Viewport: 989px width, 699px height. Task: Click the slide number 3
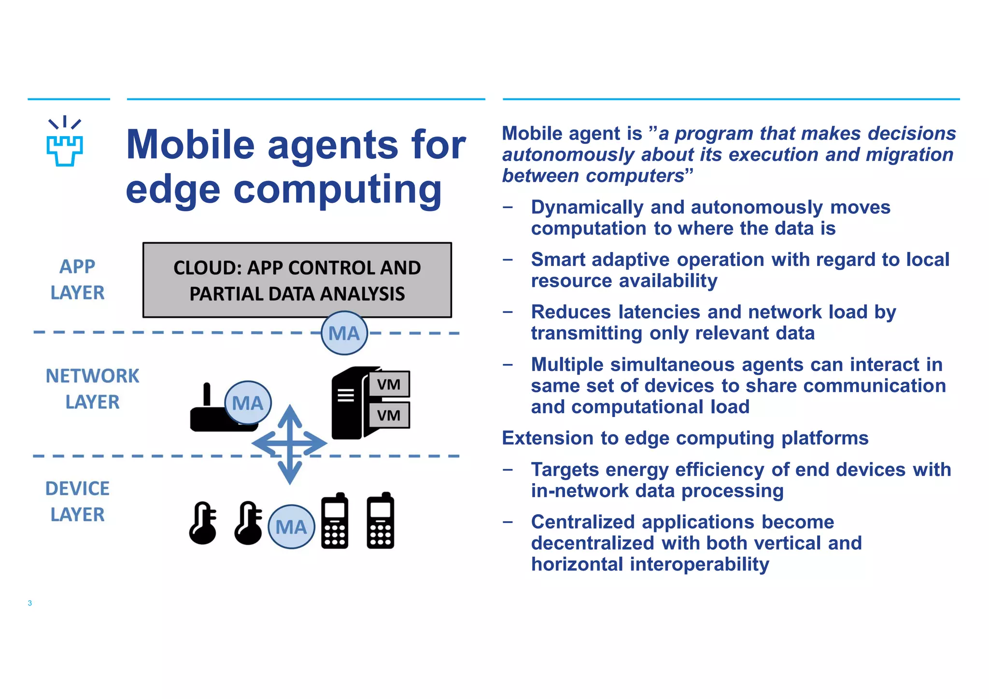point(30,603)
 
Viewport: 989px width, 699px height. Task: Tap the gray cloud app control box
point(297,280)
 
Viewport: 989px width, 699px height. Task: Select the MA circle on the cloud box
point(344,333)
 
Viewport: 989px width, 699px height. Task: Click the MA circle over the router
point(248,403)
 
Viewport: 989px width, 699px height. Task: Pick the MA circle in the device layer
point(291,527)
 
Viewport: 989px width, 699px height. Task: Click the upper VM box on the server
point(389,384)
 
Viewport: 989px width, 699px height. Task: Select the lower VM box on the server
point(389,415)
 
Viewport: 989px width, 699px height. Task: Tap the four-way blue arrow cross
point(290,444)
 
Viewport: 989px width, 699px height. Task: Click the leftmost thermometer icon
point(203,523)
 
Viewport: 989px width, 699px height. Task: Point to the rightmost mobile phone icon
point(381,521)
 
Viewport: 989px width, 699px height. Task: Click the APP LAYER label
point(77,280)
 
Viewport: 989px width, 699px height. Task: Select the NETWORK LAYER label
point(92,389)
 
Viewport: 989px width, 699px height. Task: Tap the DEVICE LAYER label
point(77,502)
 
